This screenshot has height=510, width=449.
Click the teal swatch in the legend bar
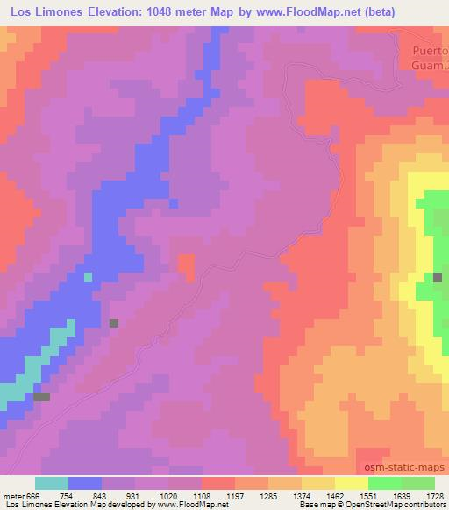click(x=52, y=483)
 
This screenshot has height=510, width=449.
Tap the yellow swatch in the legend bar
click(x=351, y=483)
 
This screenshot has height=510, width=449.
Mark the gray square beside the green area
click(x=438, y=277)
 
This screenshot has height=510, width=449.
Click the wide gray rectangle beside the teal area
click(x=41, y=397)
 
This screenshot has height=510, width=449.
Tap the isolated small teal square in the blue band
click(x=87, y=277)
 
